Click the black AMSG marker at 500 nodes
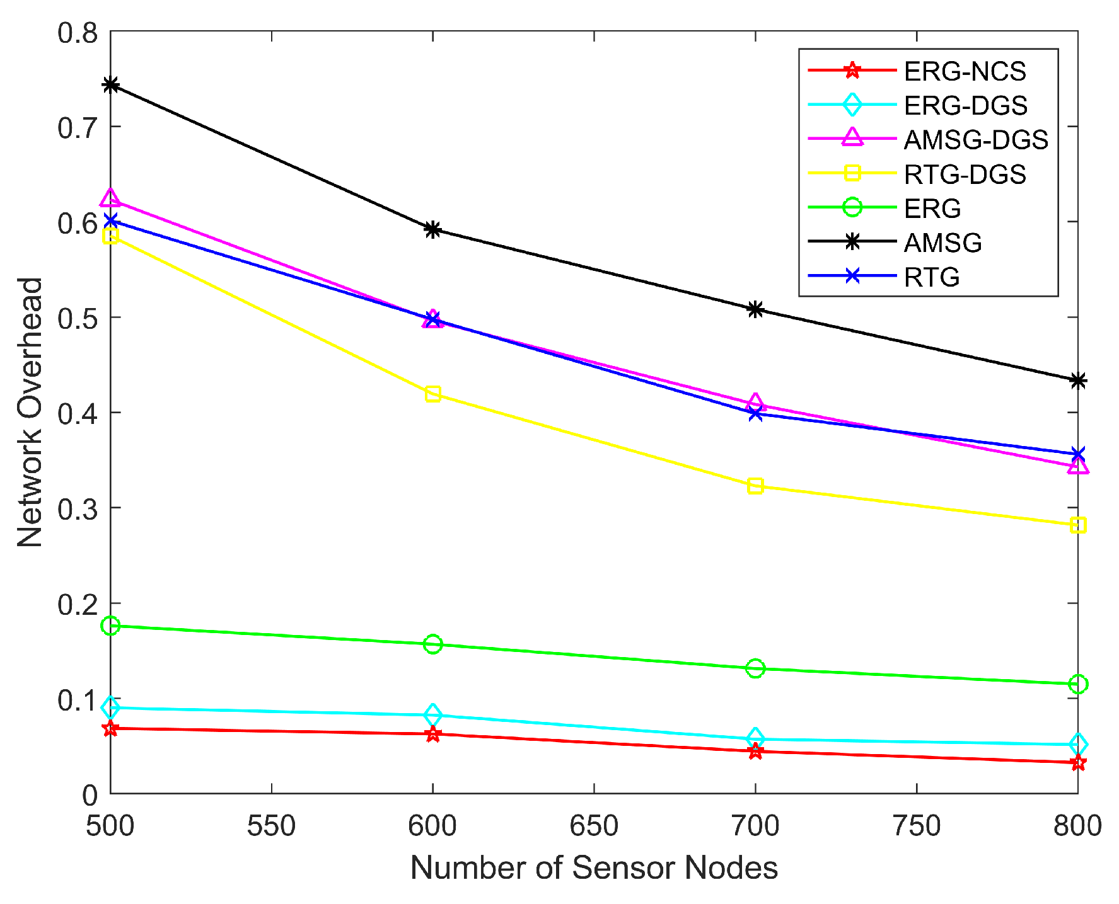[x=111, y=84]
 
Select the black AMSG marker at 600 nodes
[x=432, y=229]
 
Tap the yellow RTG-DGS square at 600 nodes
[x=432, y=394]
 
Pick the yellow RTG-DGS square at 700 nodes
[x=755, y=486]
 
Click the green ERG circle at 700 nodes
[x=755, y=668]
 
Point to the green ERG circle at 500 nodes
[x=111, y=626]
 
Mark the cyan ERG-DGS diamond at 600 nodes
[x=432, y=715]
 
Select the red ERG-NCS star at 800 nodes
[x=1078, y=763]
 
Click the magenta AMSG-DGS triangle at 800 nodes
[x=1078, y=466]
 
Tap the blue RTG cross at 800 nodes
[x=1078, y=454]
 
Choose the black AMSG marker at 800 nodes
[x=1078, y=380]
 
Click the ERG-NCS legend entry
[x=965, y=71]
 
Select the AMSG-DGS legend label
[x=975, y=140]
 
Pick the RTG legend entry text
[x=931, y=277]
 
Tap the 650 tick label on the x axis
[x=594, y=826]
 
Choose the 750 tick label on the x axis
[x=916, y=826]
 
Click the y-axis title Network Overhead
[x=29, y=413]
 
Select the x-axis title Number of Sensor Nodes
[x=594, y=868]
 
